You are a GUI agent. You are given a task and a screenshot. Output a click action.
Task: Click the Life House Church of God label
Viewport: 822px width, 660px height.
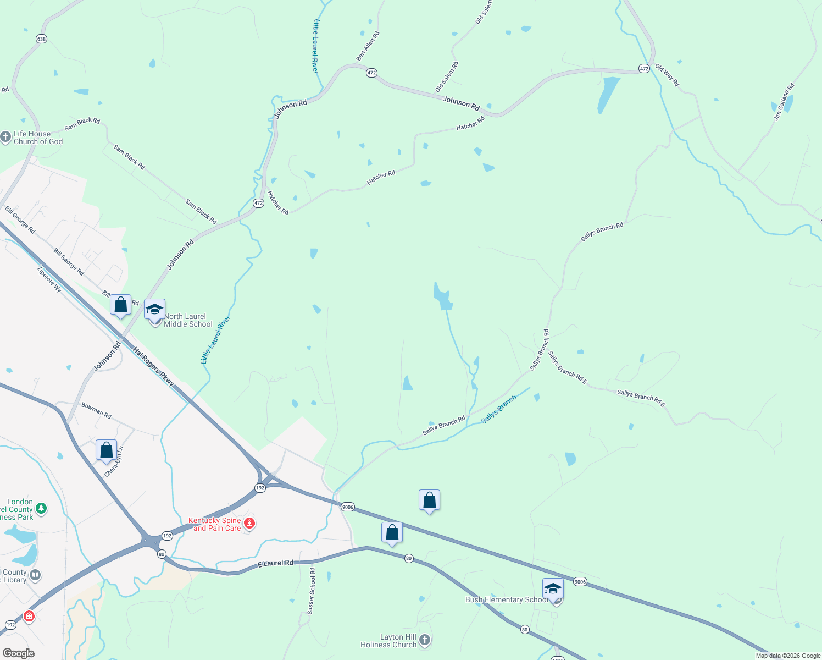coord(38,137)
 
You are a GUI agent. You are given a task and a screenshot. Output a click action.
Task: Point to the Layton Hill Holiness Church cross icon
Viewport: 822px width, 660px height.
coord(425,640)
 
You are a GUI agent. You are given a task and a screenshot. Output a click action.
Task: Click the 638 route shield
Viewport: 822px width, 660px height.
coord(41,38)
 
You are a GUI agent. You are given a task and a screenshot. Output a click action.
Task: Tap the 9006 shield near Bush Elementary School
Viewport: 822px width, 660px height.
coord(580,581)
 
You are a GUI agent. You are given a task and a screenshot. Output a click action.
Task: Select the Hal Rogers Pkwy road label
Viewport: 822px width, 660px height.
coord(153,366)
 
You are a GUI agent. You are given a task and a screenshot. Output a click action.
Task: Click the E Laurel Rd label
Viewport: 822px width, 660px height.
coord(275,564)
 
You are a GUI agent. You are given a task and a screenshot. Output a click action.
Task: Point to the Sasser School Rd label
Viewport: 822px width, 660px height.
coord(312,591)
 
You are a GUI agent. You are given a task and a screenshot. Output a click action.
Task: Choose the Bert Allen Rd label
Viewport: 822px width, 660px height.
coord(368,46)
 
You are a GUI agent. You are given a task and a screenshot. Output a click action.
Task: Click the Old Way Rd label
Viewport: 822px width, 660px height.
coord(667,75)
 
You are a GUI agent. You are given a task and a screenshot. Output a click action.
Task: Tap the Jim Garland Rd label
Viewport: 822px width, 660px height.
coord(784,102)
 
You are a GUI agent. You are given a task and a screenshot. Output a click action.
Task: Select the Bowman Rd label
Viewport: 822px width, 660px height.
coord(96,411)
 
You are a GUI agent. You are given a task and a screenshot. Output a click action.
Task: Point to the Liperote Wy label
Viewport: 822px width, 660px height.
coord(49,279)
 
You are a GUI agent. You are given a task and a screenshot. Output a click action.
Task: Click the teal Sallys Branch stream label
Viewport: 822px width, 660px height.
coord(499,409)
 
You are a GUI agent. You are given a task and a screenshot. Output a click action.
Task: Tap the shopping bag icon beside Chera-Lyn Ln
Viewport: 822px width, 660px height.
coord(106,450)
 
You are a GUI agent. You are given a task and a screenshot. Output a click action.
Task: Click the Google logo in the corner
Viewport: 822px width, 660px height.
coord(18,653)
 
